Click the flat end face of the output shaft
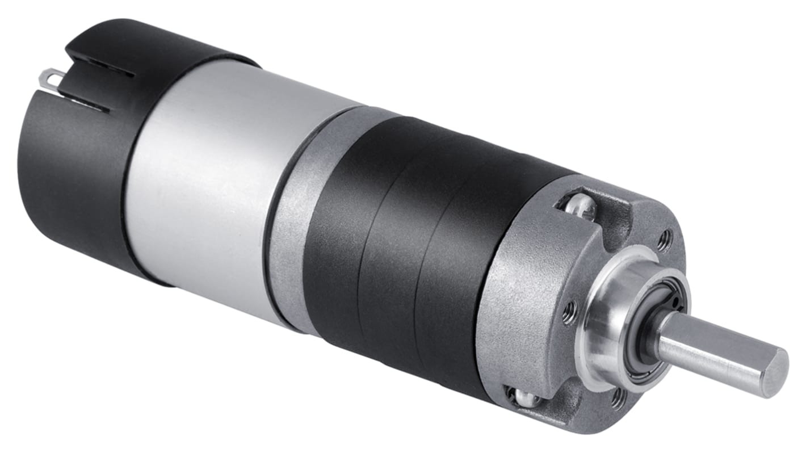775,372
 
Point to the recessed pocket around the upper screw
602,219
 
